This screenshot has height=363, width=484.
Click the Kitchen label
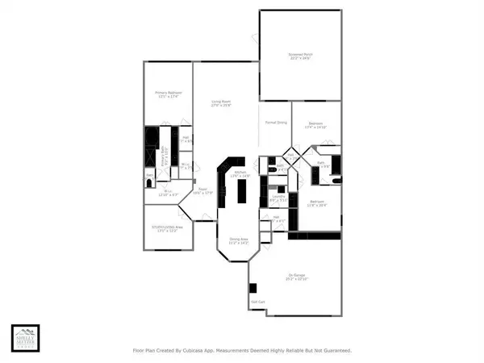240,173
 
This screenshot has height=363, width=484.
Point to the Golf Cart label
258,302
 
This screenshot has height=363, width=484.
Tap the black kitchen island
240,193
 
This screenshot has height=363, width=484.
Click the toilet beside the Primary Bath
150,182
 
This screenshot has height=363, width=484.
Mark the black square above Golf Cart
253,287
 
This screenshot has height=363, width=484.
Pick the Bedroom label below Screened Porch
315,124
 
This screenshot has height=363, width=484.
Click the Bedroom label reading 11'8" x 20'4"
318,202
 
